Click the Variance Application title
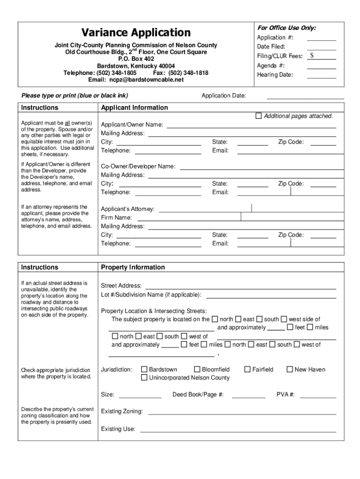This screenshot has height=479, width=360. pyautogui.click(x=136, y=33)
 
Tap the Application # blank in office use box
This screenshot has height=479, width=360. pyautogui.click(x=321, y=39)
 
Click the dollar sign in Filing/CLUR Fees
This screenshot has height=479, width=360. pyautogui.click(x=312, y=56)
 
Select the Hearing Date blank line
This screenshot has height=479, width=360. pyautogui.click(x=321, y=76)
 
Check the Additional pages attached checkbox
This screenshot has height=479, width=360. pyautogui.click(x=259, y=116)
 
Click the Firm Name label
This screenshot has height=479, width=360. pyautogui.click(x=116, y=218)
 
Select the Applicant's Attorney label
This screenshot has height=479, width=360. pyautogui.click(x=128, y=209)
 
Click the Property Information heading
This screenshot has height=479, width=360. pyautogui.click(x=133, y=267)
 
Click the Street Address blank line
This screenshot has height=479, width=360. pyautogui.click(x=241, y=287)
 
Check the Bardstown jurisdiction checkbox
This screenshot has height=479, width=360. pyautogui.click(x=144, y=370)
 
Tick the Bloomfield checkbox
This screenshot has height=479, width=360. pyautogui.click(x=197, y=370)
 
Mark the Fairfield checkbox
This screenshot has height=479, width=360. pyautogui.click(x=248, y=370)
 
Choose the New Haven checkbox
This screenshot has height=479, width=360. pyautogui.click(x=290, y=370)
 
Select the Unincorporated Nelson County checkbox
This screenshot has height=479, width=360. pyautogui.click(x=144, y=377)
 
